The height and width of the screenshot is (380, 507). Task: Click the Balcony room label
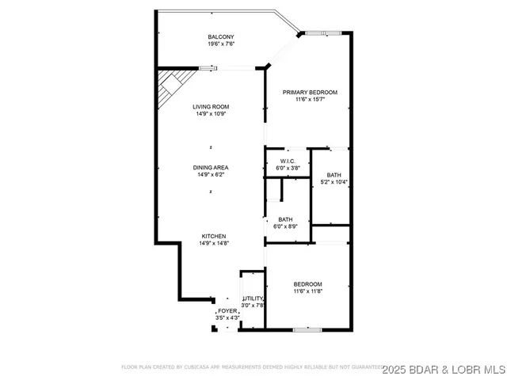(x=221, y=37)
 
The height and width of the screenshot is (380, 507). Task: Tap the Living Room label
(x=211, y=106)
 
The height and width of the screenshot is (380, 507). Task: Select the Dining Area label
(x=211, y=167)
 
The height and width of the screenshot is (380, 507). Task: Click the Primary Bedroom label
(x=311, y=93)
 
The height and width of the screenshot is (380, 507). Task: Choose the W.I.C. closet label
(x=287, y=161)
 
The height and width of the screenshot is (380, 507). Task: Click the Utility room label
(x=253, y=298)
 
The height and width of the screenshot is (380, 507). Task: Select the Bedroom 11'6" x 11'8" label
(x=308, y=284)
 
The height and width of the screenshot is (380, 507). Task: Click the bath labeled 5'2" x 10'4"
(x=334, y=175)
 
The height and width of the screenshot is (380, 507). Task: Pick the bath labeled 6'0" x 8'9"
(x=286, y=219)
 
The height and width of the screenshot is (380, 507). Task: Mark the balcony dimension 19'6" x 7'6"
(x=221, y=44)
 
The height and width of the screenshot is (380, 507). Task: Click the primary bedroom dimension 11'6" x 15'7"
(x=311, y=100)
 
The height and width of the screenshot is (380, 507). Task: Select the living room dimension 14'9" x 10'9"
(x=211, y=114)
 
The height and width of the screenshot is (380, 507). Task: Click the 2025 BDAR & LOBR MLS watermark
(x=444, y=369)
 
